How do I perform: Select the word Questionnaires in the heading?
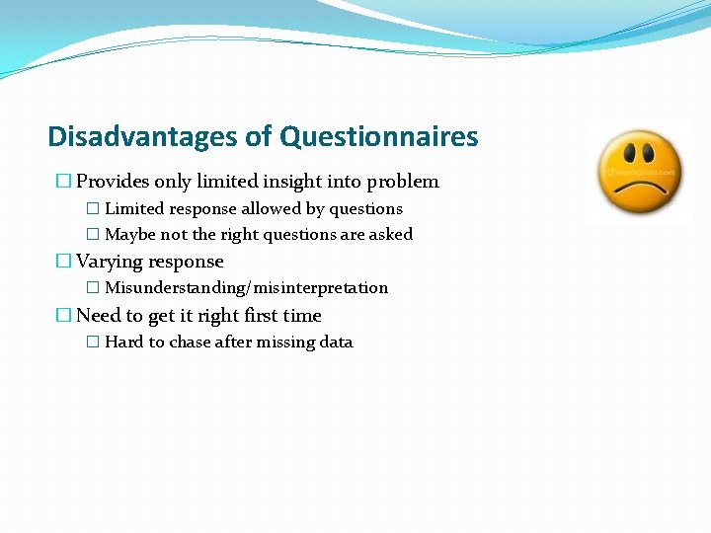point(379,136)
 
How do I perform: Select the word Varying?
point(114,262)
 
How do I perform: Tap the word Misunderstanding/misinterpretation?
point(246,288)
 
